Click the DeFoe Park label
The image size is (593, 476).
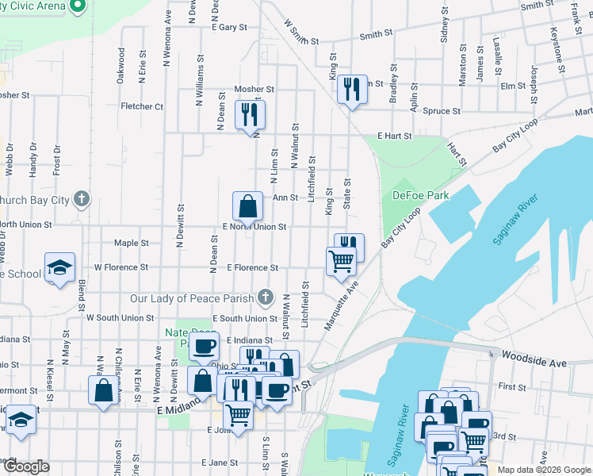[x=420, y=195]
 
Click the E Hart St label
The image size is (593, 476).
[x=395, y=136]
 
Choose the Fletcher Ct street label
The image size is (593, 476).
[x=142, y=106]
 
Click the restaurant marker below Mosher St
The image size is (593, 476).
[x=251, y=113]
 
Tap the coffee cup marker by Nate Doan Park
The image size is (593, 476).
[x=205, y=347]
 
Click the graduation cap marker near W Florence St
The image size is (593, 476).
[x=59, y=268]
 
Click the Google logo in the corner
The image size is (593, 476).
[x=25, y=467]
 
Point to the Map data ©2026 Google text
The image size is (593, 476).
[x=543, y=470]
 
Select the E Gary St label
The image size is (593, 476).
[x=229, y=27]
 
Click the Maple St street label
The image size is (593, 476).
[x=132, y=243]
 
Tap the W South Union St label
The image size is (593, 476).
[x=120, y=317]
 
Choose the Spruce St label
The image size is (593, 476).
[x=442, y=111]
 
